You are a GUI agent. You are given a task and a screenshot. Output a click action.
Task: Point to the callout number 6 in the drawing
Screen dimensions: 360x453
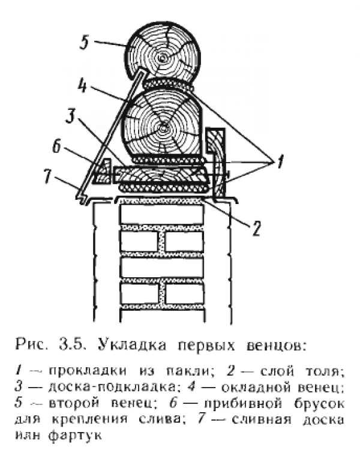click(x=57, y=147)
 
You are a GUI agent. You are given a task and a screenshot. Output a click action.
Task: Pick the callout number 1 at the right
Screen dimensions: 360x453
click(x=280, y=163)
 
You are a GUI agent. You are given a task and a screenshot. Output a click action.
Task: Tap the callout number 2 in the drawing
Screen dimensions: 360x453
click(x=256, y=227)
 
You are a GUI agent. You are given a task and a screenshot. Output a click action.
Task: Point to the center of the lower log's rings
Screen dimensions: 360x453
click(x=164, y=126)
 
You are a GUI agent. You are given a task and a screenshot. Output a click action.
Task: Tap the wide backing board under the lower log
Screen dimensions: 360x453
click(x=161, y=174)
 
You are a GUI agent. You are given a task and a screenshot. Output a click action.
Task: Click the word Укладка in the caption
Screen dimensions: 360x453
click(x=133, y=344)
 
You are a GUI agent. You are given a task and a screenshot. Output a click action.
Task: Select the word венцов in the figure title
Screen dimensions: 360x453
click(x=275, y=346)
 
